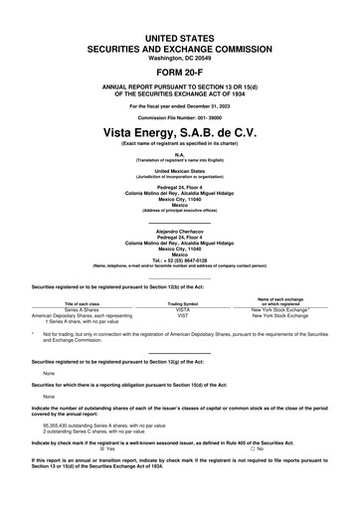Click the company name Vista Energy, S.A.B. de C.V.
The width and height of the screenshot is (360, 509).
click(179, 131)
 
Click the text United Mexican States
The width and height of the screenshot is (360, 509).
click(179, 171)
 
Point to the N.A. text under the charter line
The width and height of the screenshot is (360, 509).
click(179, 155)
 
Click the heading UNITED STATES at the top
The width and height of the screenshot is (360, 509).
click(179, 37)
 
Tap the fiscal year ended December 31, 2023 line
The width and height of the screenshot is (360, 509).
click(179, 104)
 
